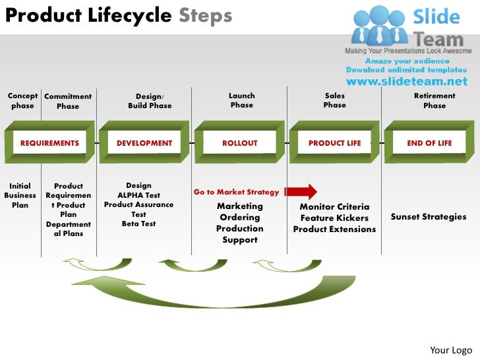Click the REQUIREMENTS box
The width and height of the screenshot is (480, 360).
[x=49, y=143]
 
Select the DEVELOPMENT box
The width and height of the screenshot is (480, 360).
[x=144, y=143]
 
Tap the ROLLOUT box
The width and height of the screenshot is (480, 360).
[x=240, y=143]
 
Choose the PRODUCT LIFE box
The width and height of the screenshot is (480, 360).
[x=335, y=143]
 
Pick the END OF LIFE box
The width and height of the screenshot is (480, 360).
[x=429, y=143]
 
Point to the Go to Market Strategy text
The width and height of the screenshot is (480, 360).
[x=237, y=192]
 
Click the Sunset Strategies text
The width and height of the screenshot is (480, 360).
[x=429, y=217]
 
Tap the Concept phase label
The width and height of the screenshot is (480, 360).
[x=22, y=101]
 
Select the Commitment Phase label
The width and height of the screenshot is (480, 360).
[x=68, y=101]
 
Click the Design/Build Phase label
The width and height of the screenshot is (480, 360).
[x=150, y=101]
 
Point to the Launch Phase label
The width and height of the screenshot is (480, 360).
[x=242, y=101]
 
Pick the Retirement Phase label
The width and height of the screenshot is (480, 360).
[x=435, y=101]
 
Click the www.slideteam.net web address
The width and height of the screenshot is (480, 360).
[x=407, y=82]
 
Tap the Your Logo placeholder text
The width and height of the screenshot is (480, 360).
[x=450, y=349]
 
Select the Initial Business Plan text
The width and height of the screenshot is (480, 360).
[x=20, y=196]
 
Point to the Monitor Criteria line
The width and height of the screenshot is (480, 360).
[x=334, y=207]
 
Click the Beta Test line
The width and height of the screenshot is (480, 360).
[x=138, y=224]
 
